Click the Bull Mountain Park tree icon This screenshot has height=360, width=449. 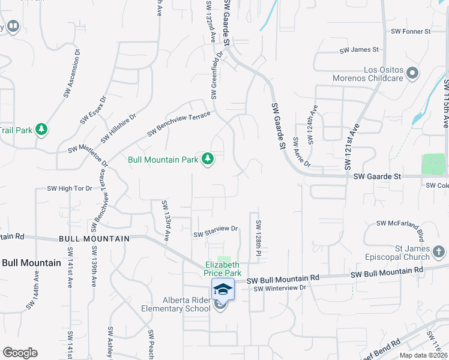click(x=208, y=159)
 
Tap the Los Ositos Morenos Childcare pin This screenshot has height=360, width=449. click(x=412, y=73)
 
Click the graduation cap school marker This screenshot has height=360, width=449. click(x=223, y=289)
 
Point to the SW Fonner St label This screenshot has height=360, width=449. click(x=411, y=31)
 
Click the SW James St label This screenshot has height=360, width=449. click(x=359, y=50)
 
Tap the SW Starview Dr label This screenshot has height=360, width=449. click(x=215, y=229)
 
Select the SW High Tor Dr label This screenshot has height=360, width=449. click(x=70, y=188)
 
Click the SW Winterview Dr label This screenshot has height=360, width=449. click(x=280, y=288)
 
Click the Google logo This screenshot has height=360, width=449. click(x=20, y=353)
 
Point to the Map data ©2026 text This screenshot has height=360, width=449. click(x=423, y=355)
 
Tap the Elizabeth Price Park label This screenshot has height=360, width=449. click(x=223, y=268)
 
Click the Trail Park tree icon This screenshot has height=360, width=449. click(x=41, y=130)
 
